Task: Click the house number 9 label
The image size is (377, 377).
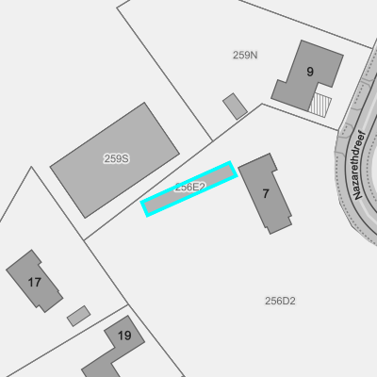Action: (x=310, y=72)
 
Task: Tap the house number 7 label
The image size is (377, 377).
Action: (x=266, y=194)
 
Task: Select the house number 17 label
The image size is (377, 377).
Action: (x=34, y=282)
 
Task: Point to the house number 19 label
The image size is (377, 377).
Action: (x=124, y=336)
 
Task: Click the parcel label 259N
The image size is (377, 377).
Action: (x=245, y=55)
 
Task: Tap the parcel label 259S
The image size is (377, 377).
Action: (x=116, y=158)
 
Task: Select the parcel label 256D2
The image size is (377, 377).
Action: (x=280, y=301)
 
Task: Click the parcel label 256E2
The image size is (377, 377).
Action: (x=190, y=188)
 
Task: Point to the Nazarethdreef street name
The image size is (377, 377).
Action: (x=360, y=165)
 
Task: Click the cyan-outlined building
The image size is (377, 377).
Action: (x=188, y=188)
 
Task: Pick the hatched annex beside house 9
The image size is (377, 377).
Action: (x=320, y=105)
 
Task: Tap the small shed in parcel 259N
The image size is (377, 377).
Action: (x=235, y=107)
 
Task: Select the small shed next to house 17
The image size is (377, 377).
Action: (x=78, y=316)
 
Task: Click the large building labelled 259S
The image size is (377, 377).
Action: (x=115, y=160)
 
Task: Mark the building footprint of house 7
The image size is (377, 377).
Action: (x=266, y=193)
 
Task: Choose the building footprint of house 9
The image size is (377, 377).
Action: (x=306, y=74)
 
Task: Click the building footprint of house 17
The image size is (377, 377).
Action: (x=35, y=281)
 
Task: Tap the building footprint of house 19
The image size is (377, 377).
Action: (x=115, y=347)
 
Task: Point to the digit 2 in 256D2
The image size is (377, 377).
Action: (x=292, y=301)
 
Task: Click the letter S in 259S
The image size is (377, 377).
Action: (x=125, y=158)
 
